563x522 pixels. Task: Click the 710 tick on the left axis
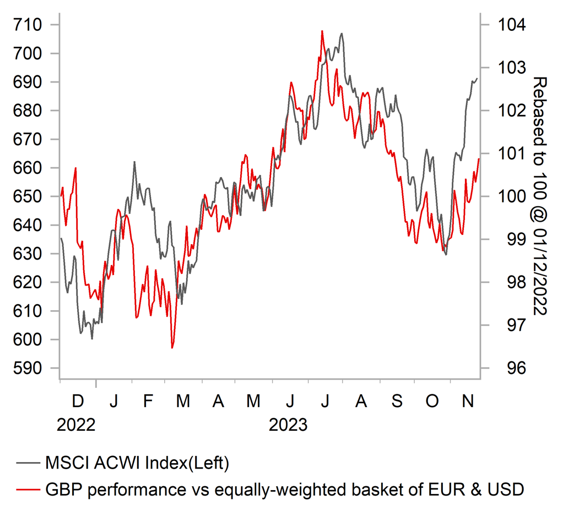click(x=28, y=25)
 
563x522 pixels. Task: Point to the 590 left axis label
click(x=28, y=368)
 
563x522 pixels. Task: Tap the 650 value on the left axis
click(x=28, y=196)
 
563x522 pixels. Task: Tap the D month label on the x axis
click(x=78, y=401)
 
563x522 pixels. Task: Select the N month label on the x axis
click(x=468, y=401)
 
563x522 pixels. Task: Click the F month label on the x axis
click(x=148, y=401)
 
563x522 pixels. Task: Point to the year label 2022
click(x=76, y=425)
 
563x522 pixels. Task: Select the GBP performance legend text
click(x=283, y=488)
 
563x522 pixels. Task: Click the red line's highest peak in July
click(x=322, y=31)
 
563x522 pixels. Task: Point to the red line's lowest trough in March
click(x=172, y=348)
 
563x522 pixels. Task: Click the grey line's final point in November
click(x=477, y=78)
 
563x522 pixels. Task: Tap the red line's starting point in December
click(x=61, y=196)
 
